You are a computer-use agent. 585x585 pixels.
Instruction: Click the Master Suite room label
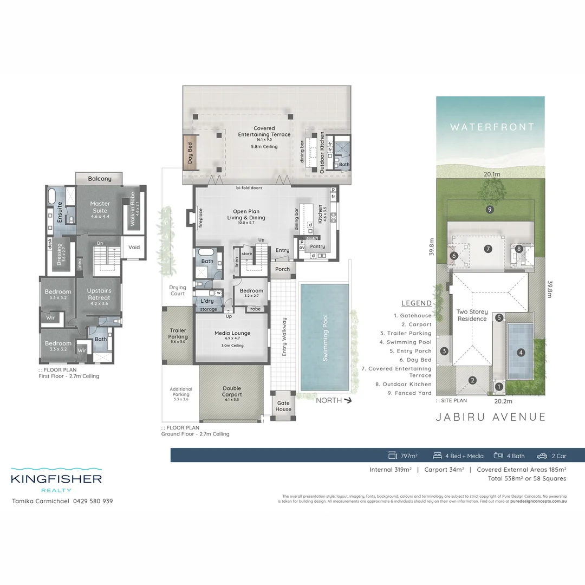pos(100,207)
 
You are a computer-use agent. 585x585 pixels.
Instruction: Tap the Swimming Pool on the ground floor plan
pos(325,337)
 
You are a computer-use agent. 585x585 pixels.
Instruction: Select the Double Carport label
pos(232,391)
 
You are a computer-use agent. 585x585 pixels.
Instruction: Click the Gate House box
pos(283,406)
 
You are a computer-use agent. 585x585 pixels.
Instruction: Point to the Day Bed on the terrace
pos(190,153)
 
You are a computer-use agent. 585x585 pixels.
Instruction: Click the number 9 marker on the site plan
pos(489,210)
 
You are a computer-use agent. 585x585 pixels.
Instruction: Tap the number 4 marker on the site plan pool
pos(521,352)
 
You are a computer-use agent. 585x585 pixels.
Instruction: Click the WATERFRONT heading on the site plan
pos(492,127)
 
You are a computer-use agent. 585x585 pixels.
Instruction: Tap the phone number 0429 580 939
pos(93,501)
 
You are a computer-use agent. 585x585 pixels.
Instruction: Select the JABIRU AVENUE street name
pos(491,417)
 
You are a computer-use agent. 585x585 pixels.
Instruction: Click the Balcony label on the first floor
pos(100,178)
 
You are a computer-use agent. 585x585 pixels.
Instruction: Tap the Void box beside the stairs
pos(134,247)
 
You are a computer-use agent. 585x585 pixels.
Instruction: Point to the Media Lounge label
pos(232,333)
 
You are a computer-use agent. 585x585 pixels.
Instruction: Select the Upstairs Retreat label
pos(99,294)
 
